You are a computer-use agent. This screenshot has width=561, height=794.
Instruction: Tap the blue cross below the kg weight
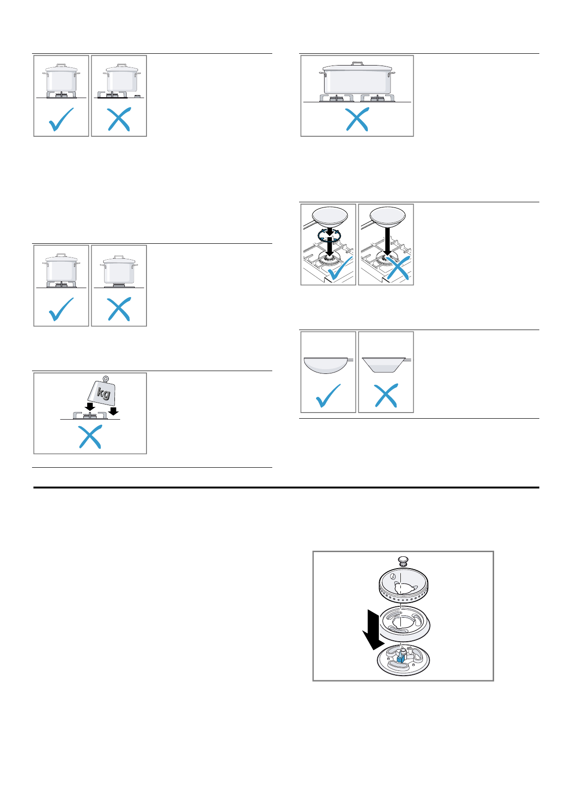[x=90, y=437]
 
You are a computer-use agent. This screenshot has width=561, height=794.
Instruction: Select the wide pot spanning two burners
[x=357, y=80]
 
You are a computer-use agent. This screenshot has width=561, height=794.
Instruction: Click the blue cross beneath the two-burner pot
[x=357, y=119]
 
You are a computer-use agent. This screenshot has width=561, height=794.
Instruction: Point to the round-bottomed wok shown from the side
[x=326, y=364]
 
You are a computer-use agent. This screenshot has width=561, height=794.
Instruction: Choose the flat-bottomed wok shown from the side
[x=384, y=364]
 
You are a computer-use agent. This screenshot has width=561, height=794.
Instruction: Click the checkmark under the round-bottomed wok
[x=328, y=396]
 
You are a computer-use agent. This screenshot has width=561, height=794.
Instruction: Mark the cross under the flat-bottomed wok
[x=386, y=395]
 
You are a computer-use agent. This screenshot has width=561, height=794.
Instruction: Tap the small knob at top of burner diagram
[x=403, y=561]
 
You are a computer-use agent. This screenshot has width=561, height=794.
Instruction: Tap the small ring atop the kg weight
[x=106, y=378]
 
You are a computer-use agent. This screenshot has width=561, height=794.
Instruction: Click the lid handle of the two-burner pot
[x=358, y=63]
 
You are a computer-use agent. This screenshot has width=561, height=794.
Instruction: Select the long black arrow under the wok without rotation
[x=386, y=240]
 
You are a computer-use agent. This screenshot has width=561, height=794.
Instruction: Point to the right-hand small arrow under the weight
[x=113, y=411]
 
